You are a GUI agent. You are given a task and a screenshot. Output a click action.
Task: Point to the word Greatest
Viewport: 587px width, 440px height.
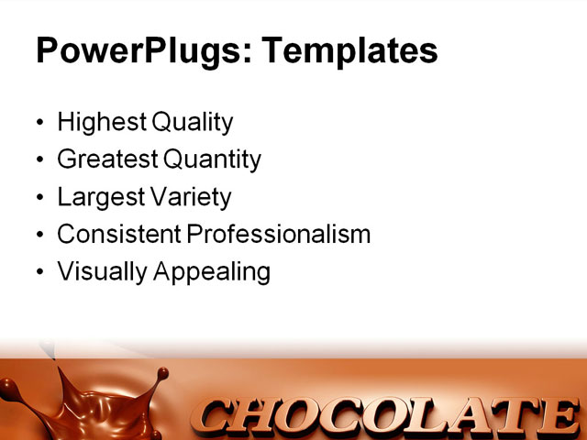click(x=107, y=159)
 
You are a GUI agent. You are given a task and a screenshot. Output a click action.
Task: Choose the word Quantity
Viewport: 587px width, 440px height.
click(x=213, y=159)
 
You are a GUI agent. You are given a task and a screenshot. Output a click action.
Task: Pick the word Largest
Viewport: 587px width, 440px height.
click(x=98, y=197)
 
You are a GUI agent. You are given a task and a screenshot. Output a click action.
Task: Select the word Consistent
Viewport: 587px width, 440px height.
click(x=118, y=235)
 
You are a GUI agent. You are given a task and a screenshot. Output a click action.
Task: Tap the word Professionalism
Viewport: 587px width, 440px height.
click(x=279, y=235)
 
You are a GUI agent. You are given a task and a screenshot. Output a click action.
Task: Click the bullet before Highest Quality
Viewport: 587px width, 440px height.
click(x=39, y=123)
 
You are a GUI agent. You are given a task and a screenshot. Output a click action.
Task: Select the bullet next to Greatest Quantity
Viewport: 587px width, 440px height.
click(x=39, y=160)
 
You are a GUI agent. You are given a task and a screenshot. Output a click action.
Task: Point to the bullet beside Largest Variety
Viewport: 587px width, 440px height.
click(x=39, y=198)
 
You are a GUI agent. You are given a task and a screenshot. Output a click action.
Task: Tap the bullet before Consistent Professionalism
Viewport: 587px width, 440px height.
click(x=39, y=236)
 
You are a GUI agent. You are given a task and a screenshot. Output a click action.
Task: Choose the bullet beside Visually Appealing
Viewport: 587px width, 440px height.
click(x=39, y=273)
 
